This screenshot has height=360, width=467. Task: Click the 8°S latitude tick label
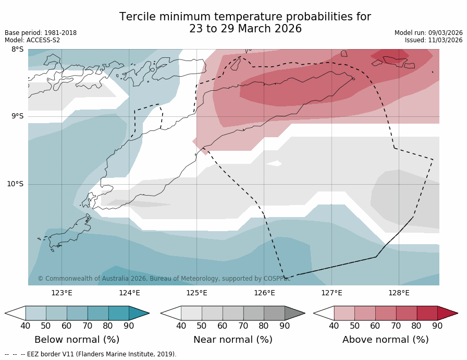click(17, 50)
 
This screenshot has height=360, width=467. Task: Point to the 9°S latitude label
click(17, 116)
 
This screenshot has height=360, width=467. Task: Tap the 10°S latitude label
click(15, 184)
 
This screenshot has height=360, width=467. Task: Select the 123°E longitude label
click(62, 293)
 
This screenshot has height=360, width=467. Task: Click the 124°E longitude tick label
click(129, 293)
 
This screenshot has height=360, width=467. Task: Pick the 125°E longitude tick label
click(196, 293)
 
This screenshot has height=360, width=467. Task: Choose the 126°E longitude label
click(264, 293)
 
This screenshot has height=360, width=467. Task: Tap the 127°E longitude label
click(331, 293)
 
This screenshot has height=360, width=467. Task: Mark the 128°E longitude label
click(399, 293)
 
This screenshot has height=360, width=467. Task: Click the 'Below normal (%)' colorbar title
click(77, 340)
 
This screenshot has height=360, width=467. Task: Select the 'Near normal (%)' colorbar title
click(232, 340)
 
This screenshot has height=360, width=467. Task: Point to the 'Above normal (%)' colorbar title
click(385, 340)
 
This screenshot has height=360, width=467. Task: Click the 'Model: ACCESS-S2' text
click(32, 40)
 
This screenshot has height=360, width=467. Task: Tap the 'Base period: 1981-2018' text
click(41, 33)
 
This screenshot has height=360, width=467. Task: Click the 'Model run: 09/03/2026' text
click(428, 33)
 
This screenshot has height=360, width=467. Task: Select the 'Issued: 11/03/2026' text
click(434, 40)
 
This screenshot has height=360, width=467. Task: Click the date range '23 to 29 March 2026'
click(245, 29)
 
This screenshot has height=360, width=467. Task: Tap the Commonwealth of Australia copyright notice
click(164, 279)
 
